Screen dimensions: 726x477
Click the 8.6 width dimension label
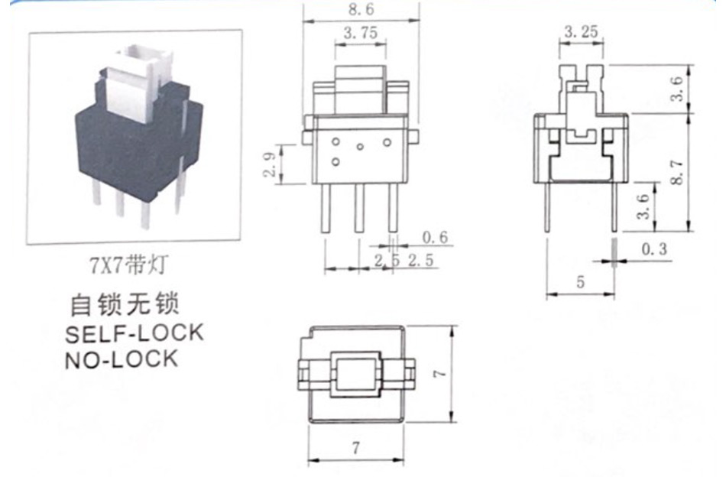(x=361, y=9)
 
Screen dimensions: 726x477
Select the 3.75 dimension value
(x=361, y=33)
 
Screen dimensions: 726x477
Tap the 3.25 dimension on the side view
(x=581, y=32)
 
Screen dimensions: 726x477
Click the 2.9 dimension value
(x=270, y=165)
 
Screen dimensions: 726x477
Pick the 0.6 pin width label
(x=436, y=237)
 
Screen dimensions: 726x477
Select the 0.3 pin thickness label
(x=654, y=249)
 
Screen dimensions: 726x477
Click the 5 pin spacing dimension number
(x=581, y=281)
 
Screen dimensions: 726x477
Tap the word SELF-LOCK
(x=135, y=333)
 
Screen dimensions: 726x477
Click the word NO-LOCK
(x=122, y=359)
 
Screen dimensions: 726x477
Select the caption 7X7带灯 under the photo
(x=128, y=265)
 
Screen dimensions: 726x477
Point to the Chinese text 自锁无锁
(x=124, y=304)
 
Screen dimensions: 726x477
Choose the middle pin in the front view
(x=359, y=208)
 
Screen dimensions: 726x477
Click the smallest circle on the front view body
(x=360, y=147)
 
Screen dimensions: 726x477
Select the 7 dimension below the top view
(x=355, y=448)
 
